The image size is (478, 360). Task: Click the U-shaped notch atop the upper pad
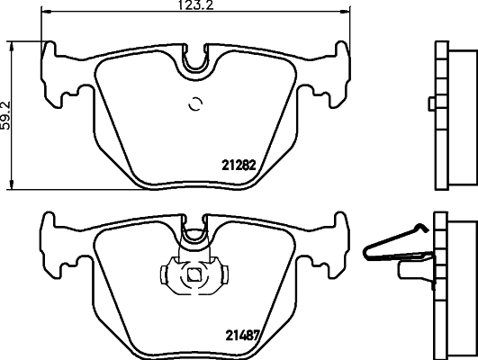(195, 58)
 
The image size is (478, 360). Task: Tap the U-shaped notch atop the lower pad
(194, 236)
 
